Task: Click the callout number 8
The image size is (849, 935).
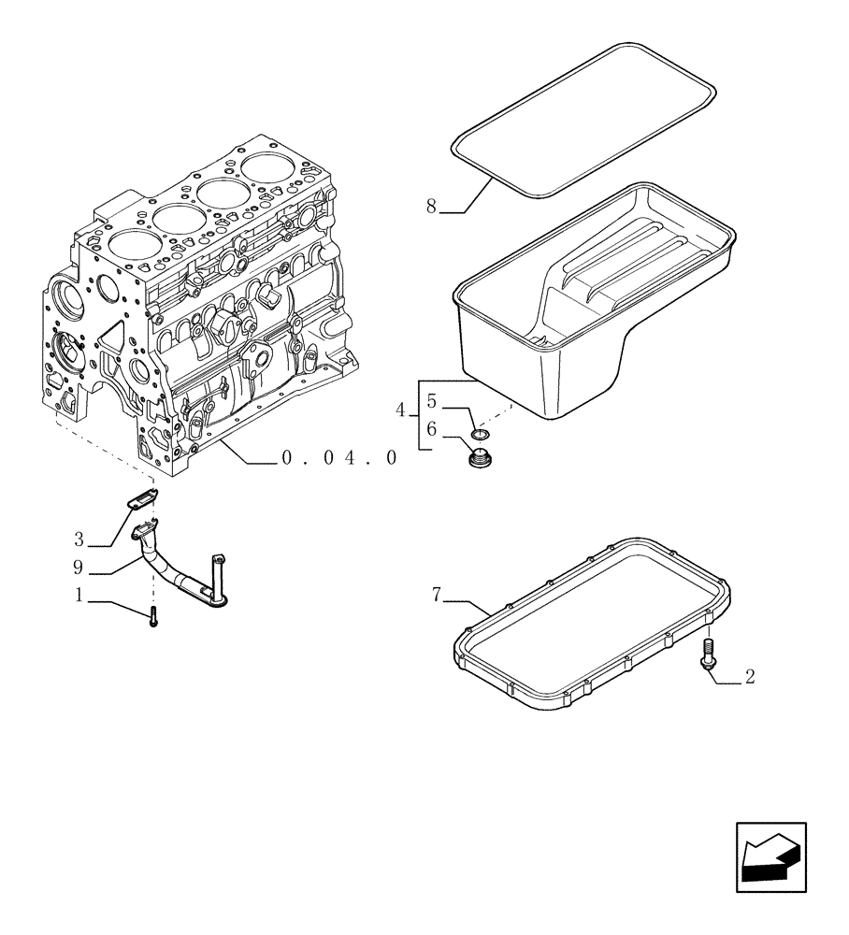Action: click(x=431, y=207)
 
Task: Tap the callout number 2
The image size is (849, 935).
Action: click(x=749, y=678)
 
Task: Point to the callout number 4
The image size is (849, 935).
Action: click(x=401, y=410)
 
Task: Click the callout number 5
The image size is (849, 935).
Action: click(x=431, y=402)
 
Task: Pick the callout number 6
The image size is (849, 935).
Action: click(x=431, y=428)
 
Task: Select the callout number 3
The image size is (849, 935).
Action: click(x=79, y=539)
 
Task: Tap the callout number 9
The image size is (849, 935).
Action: click(x=79, y=566)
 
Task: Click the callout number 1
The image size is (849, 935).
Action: click(x=79, y=594)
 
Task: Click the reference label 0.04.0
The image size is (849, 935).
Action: click(x=338, y=457)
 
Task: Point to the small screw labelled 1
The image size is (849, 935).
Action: click(x=152, y=617)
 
